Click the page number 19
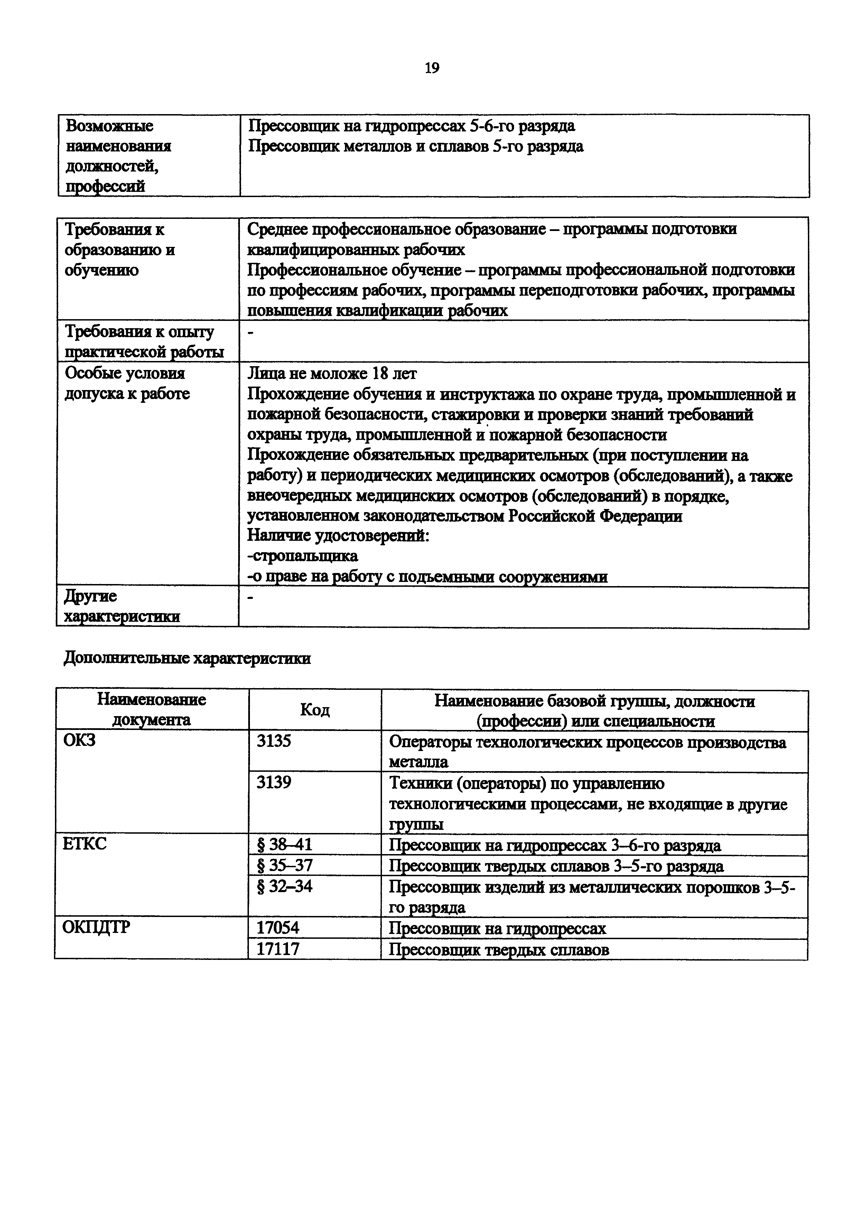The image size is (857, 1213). click(431, 68)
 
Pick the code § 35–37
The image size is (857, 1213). click(284, 865)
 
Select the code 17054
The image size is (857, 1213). click(278, 928)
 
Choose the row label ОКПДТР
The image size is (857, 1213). click(95, 927)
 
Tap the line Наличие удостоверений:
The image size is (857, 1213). click(338, 536)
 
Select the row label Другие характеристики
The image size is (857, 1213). click(121, 606)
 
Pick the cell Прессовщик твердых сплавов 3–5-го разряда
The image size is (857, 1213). click(556, 866)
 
